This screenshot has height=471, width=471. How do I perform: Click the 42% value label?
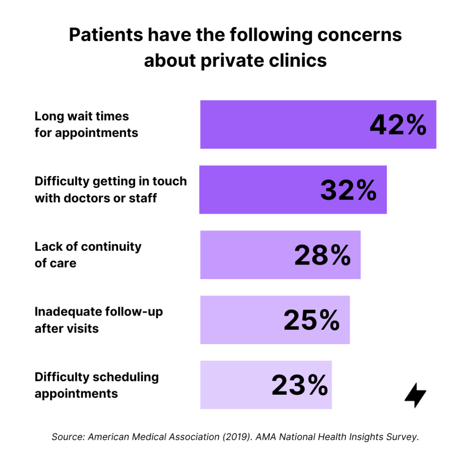(x=398, y=125)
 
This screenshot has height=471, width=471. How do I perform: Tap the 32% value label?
(x=349, y=190)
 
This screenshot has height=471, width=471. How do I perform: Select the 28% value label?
(x=323, y=256)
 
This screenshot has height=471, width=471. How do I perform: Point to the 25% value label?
(x=312, y=321)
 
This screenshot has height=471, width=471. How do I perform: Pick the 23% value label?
(x=300, y=385)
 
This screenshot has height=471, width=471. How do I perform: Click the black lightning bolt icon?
(x=415, y=395)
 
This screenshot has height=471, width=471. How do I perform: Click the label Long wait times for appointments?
(x=86, y=125)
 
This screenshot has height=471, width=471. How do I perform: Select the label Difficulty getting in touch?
(x=110, y=181)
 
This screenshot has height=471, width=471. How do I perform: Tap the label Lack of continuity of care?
(x=88, y=255)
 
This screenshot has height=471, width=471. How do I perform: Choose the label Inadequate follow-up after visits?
(x=98, y=320)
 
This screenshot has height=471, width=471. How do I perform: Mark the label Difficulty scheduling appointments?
(x=97, y=385)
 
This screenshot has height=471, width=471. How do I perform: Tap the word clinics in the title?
(x=299, y=60)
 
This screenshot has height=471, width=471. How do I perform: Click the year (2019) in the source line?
(x=236, y=437)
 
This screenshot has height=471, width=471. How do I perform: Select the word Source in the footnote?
(x=67, y=437)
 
